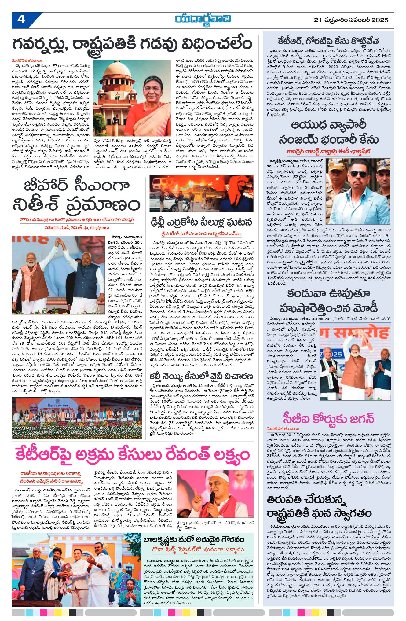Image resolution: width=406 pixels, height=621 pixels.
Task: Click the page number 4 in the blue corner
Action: pyautogui.click(x=21, y=20)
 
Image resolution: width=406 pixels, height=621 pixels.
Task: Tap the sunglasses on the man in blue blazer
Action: pyautogui.click(x=358, y=174)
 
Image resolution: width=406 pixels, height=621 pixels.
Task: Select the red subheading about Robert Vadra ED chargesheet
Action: pyautogui.click(x=328, y=151)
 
